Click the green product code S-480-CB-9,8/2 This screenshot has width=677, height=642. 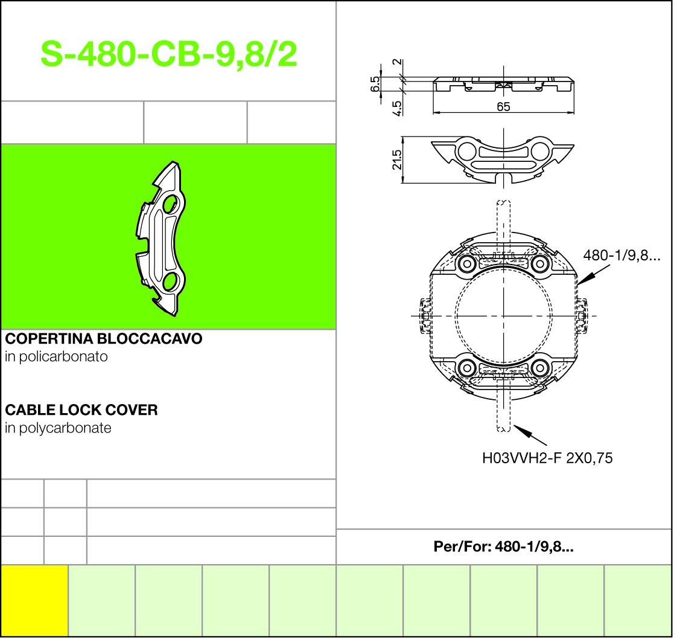point(169,54)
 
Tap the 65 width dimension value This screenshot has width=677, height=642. point(503,106)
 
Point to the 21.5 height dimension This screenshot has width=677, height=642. point(397,160)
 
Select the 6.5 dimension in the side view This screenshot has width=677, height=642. point(375,84)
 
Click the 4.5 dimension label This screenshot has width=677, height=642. point(397,108)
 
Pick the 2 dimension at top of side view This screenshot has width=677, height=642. point(397,62)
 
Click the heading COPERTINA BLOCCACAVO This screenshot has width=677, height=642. point(104,338)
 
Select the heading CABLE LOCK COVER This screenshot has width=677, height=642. point(81,409)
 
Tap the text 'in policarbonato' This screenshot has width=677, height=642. point(56,357)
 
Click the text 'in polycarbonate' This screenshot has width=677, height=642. point(59,428)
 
